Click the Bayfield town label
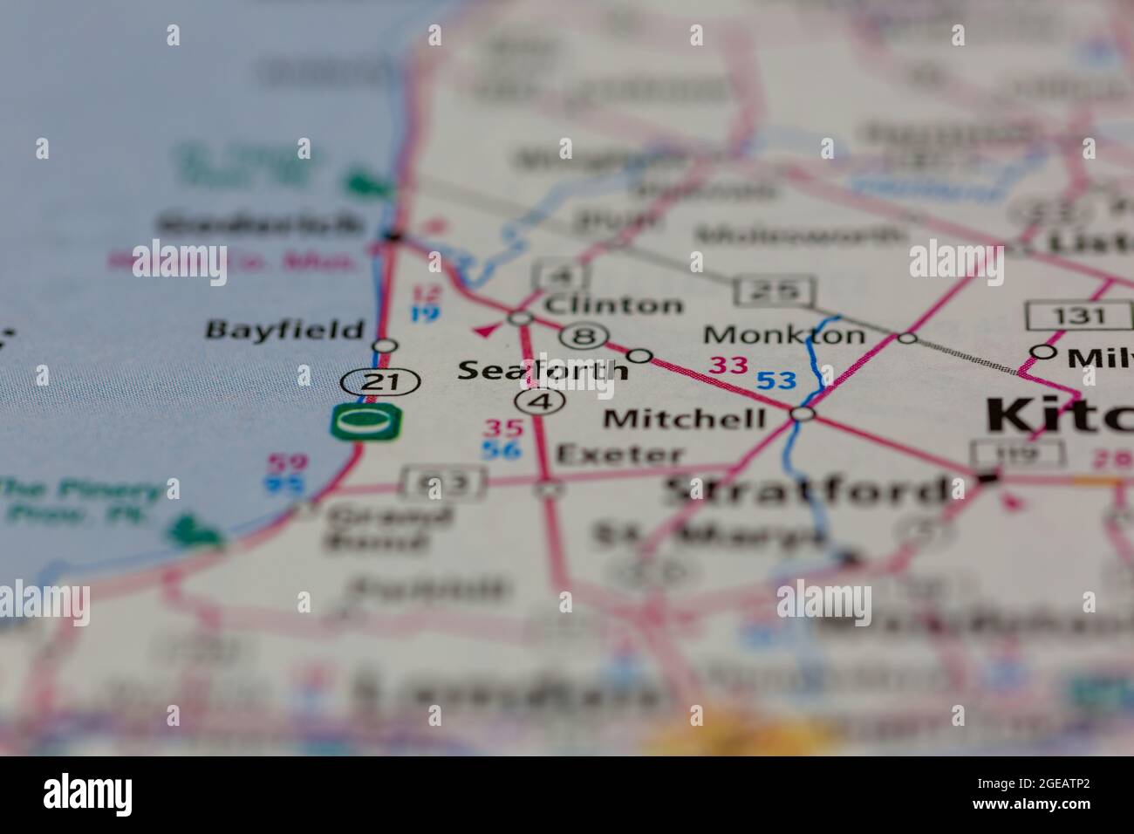pyautogui.click(x=284, y=330)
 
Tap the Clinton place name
pyautogui.click(x=613, y=305)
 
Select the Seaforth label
pyautogui.click(x=542, y=370)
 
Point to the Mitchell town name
pyautogui.click(x=685, y=419)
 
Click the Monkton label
pyautogui.click(x=784, y=334)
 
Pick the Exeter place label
pyautogui.click(x=620, y=454)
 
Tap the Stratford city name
pyautogui.click(x=807, y=490)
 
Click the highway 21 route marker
pyautogui.click(x=381, y=381)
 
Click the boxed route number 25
pyautogui.click(x=775, y=291)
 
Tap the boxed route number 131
pyautogui.click(x=1078, y=315)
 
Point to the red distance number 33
pyautogui.click(x=728, y=365)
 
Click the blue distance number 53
pyautogui.click(x=775, y=380)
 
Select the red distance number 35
pyautogui.click(x=504, y=428)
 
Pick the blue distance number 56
pyautogui.click(x=502, y=449)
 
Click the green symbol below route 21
pyautogui.click(x=366, y=422)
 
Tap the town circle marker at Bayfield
pyautogui.click(x=385, y=345)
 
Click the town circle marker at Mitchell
pyautogui.click(x=803, y=414)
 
